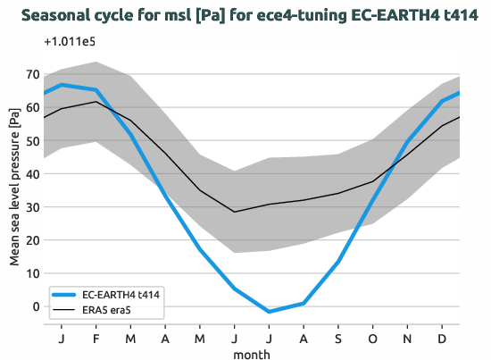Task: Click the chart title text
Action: (x=245, y=15)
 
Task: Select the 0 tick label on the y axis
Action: (x=37, y=306)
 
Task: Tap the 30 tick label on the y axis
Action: (x=34, y=207)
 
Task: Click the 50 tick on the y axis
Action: (x=34, y=141)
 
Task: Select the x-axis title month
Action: (x=252, y=354)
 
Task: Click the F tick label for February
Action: (x=96, y=339)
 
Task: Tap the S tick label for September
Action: (x=338, y=339)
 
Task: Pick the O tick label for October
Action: (x=373, y=339)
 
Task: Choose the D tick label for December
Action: (x=443, y=339)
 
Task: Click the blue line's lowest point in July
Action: (x=269, y=312)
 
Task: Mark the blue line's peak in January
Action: (x=61, y=85)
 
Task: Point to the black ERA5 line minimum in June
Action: (x=234, y=212)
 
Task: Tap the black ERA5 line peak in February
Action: (x=96, y=102)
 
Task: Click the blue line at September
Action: (x=338, y=262)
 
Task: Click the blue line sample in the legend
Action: (x=63, y=294)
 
